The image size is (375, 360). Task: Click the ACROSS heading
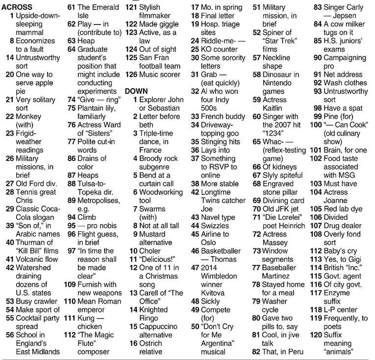[x=17, y=7]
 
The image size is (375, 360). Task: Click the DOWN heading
[x=136, y=91]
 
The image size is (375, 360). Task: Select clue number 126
[x=131, y=74]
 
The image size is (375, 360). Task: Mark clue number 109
[x=70, y=284]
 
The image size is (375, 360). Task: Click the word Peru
[x=295, y=351]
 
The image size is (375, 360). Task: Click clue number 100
[x=316, y=125]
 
